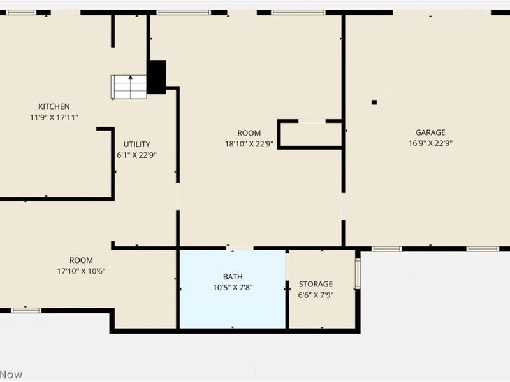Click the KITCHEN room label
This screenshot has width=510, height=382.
[54, 106]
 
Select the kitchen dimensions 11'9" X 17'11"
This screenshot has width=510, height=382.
[54, 117]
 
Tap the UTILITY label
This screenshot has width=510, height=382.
[137, 144]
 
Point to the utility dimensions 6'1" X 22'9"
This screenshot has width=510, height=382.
[137, 155]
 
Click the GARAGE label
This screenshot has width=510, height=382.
[430, 132]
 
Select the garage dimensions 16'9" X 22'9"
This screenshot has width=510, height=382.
[430, 143]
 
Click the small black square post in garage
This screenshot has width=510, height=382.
[374, 102]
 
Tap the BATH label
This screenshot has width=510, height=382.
[232, 276]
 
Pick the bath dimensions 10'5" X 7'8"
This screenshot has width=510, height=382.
[232, 287]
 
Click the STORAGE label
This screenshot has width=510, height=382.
[316, 284]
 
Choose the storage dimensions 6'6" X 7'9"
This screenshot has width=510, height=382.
[316, 295]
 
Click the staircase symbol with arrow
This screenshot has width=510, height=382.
[129, 87]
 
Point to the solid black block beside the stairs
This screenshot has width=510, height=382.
[157, 77]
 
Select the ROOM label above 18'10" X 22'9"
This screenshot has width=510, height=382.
[249, 132]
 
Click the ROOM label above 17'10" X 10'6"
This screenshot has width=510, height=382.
[82, 260]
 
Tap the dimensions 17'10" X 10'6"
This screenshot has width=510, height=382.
[82, 271]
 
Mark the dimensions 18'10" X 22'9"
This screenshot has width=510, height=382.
[249, 143]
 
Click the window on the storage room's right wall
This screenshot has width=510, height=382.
[358, 273]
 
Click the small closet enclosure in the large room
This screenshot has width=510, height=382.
[310, 134]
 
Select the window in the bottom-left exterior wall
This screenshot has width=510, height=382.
[26, 310]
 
